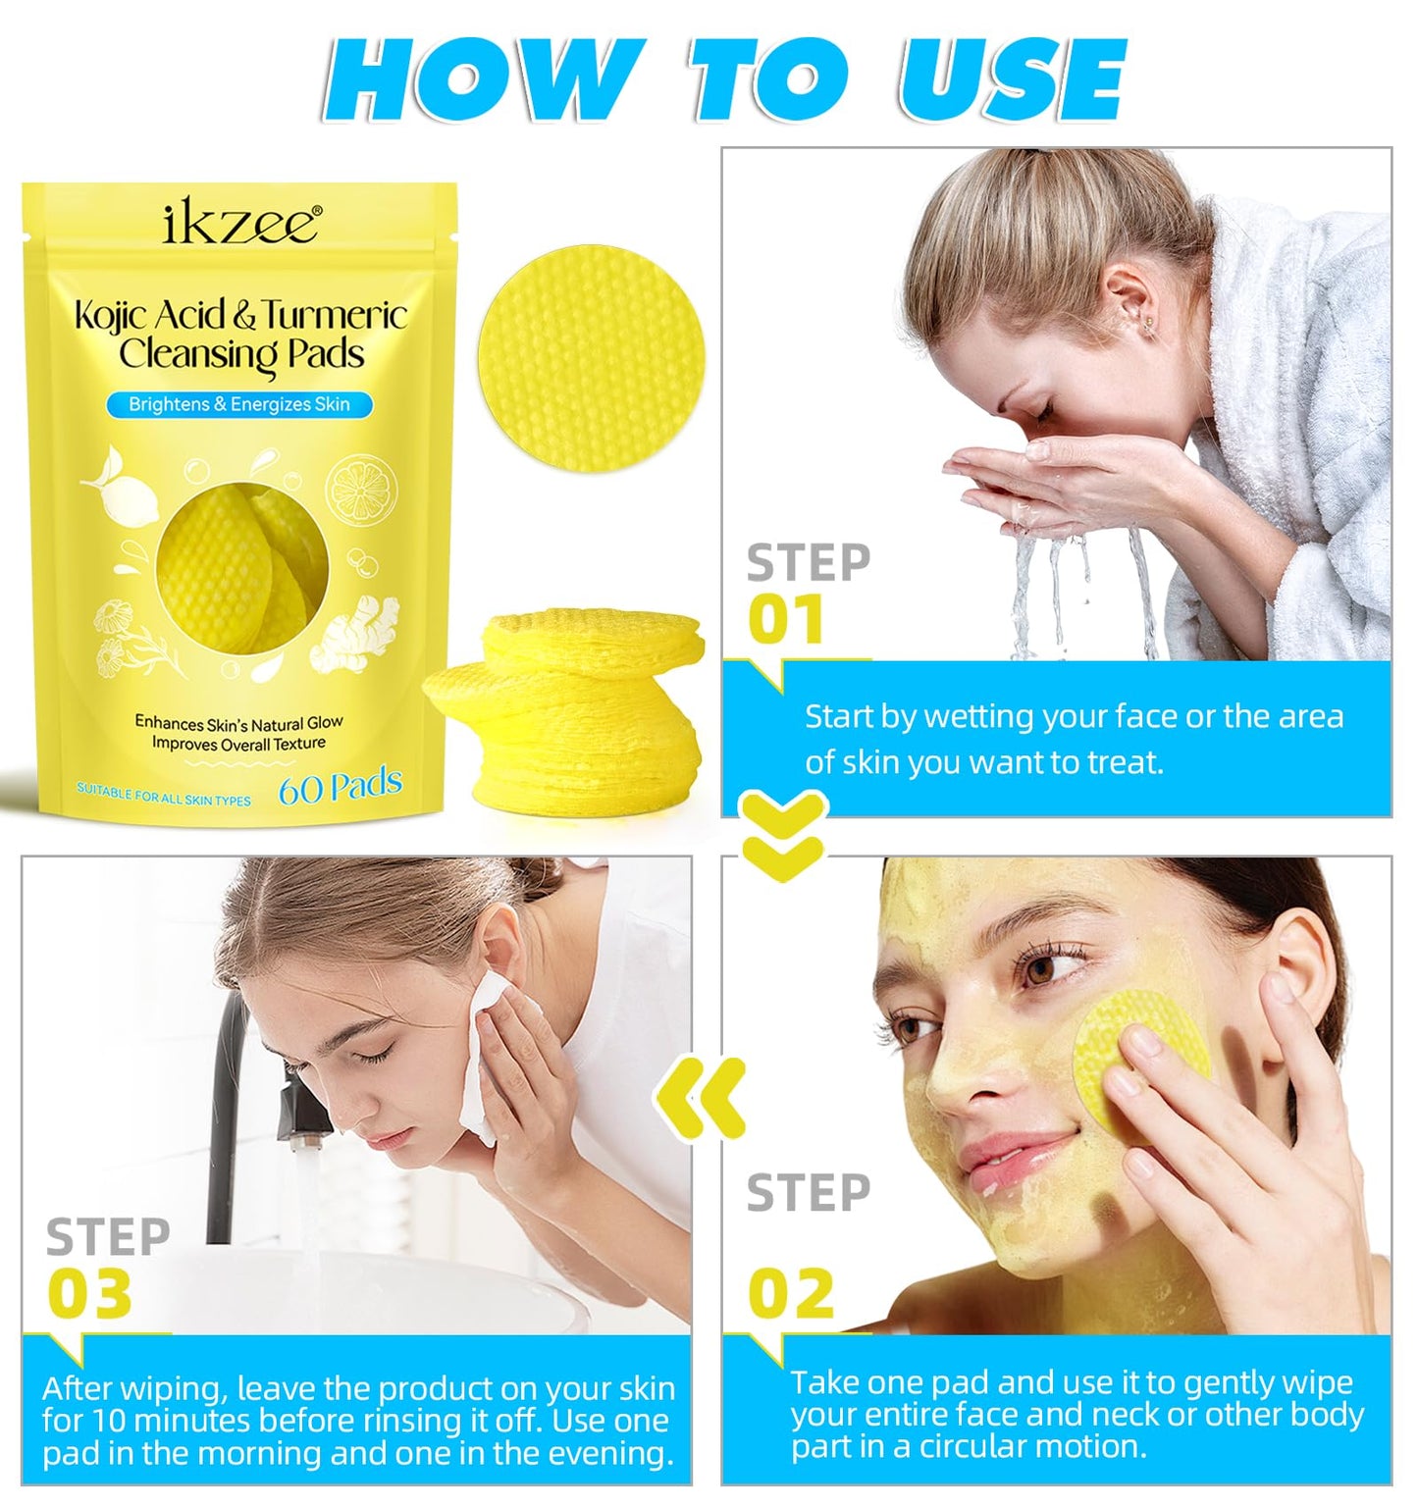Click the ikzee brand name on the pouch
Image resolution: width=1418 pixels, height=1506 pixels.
pos(240,223)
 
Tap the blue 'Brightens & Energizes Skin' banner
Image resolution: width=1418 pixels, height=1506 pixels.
pos(239,404)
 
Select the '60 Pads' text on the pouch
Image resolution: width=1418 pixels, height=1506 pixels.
pos(340,787)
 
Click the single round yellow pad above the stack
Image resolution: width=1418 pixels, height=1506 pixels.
pos(592,358)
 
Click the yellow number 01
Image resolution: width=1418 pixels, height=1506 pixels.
pos(785,620)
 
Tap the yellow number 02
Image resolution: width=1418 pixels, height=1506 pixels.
pos(791,1293)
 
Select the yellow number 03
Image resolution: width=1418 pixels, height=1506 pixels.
pos(90,1293)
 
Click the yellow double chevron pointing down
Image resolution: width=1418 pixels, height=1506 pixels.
pos(783,836)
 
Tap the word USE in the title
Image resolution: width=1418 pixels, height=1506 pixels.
pos(1011,80)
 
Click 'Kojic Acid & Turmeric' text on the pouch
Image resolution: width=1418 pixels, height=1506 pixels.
pos(241,315)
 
